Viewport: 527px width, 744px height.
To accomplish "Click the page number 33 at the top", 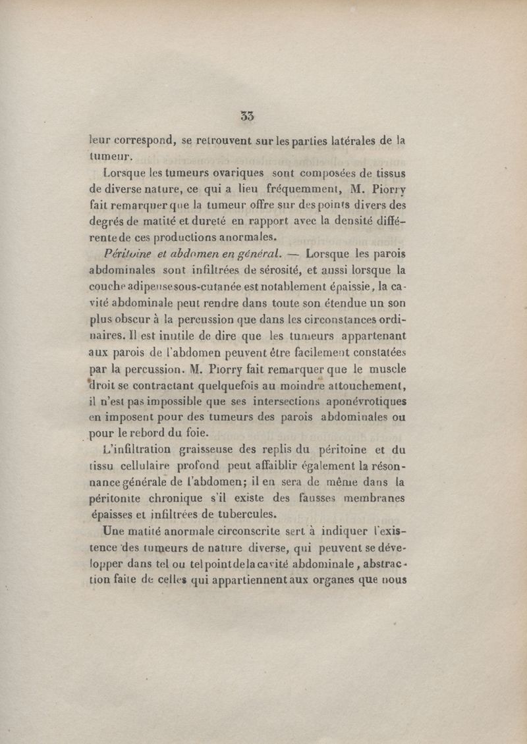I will click(x=248, y=116).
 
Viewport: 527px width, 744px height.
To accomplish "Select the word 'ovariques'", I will click(x=235, y=174).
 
